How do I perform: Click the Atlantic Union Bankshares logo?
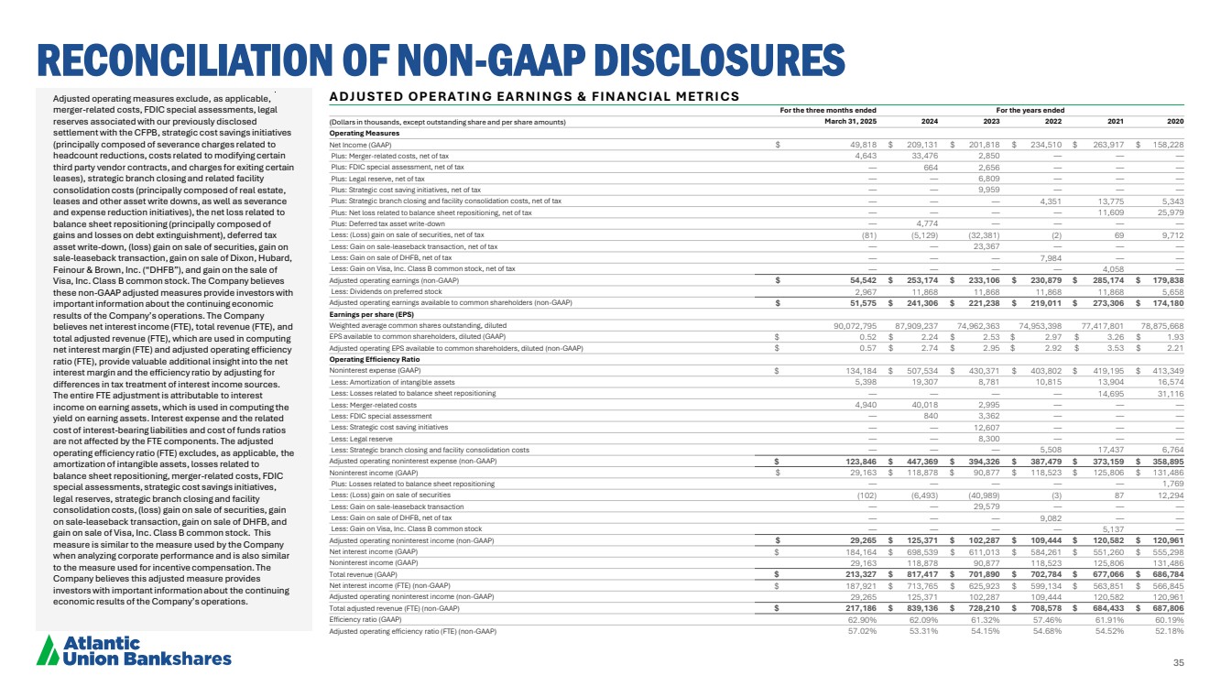coord(134,650)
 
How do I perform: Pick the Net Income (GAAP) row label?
coord(361,144)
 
